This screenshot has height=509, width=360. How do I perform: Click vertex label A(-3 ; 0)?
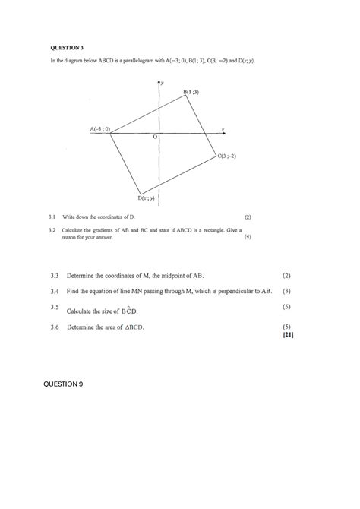pyautogui.click(x=99, y=129)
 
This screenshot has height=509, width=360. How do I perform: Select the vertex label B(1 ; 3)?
pyautogui.click(x=191, y=92)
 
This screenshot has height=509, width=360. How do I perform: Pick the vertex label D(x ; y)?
pyautogui.click(x=147, y=198)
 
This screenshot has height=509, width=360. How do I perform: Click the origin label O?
pyautogui.click(x=155, y=137)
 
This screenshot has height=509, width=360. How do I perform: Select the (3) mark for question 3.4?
pyautogui.click(x=286, y=291)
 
